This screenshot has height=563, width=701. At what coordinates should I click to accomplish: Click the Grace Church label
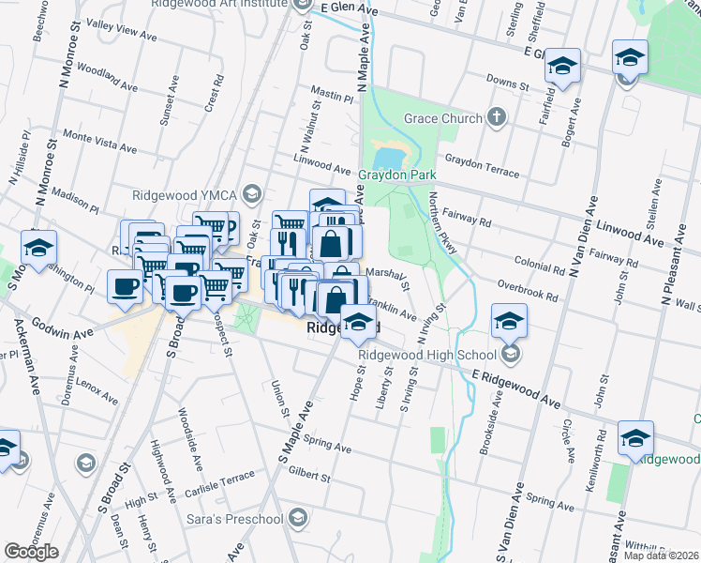point(443,119)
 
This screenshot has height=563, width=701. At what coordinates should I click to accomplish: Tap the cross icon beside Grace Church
point(497,118)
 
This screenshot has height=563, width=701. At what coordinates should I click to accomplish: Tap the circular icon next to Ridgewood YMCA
point(250,194)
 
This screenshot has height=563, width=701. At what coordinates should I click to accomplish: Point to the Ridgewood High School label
point(426,355)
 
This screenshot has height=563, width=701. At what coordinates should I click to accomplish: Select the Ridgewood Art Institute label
point(218,4)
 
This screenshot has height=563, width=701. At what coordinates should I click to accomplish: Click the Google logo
point(30,552)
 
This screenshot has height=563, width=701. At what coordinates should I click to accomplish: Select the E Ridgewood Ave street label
point(515,388)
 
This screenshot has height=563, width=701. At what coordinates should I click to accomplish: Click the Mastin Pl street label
point(332,96)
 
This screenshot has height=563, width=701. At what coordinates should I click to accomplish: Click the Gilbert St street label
point(309,476)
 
